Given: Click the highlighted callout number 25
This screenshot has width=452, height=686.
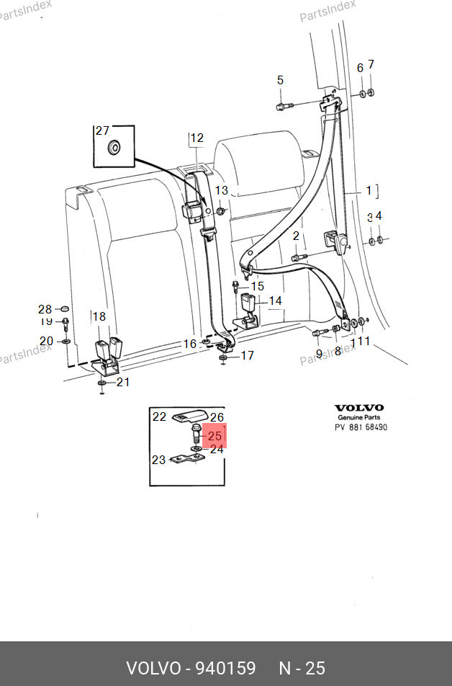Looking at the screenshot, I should coord(214,436).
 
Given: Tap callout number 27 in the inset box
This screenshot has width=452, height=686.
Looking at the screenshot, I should coord(102,130).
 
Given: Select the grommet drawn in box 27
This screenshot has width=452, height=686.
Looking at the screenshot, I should coord(114,148).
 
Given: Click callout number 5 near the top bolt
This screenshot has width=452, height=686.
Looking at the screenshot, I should coord(281,80).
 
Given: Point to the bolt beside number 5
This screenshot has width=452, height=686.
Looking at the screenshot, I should coord(283,107).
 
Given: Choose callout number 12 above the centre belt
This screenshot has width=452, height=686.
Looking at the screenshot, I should coord(196,138).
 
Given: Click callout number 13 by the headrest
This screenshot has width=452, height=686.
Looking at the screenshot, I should coord(222,191).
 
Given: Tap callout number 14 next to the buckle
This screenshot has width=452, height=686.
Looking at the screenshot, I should coord(276,301).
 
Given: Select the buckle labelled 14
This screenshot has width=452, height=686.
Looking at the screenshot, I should coord(249,308).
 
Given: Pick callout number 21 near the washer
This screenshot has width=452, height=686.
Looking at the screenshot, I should coord(123,382).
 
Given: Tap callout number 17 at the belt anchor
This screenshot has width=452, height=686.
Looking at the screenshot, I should coord(247,355).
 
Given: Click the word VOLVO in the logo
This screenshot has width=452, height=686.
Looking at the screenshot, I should coord(359,408).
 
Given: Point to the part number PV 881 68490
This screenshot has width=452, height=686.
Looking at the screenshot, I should coord(361,427).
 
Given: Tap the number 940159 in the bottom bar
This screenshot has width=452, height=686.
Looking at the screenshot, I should coord(225,668).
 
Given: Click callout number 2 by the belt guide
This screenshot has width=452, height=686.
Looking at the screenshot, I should coord(295,236).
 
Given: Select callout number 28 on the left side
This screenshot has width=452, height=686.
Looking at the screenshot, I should coord(45,309).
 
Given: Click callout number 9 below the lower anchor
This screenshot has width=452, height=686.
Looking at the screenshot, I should coord(319,353).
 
